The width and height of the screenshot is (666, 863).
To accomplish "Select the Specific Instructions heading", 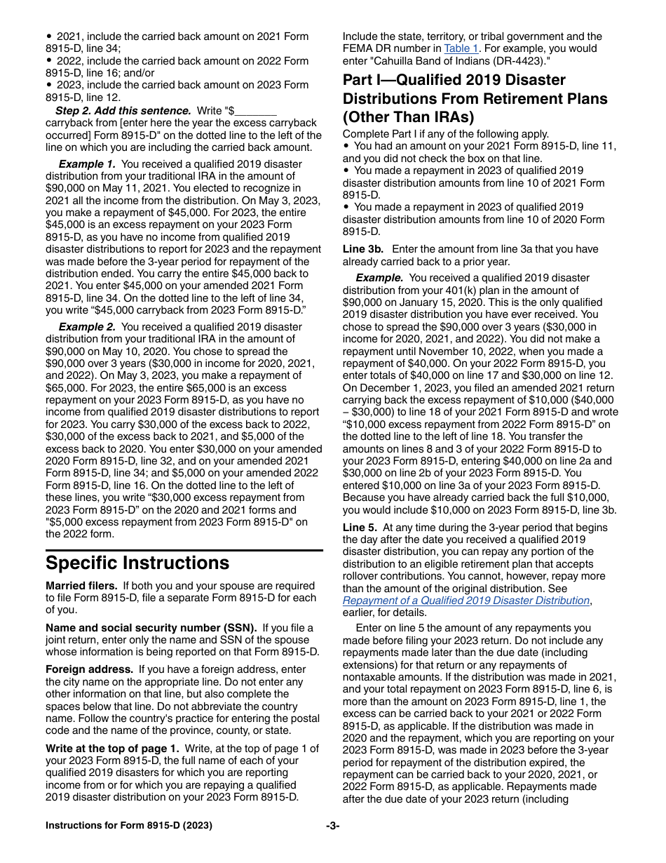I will point(137,563).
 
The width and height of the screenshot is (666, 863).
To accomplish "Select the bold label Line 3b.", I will point(363,249).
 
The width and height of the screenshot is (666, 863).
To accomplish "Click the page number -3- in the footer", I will point(333,826).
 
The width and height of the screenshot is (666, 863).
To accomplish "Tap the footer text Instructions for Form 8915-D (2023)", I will point(129,826).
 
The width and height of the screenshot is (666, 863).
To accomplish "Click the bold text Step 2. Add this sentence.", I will point(123,110).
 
